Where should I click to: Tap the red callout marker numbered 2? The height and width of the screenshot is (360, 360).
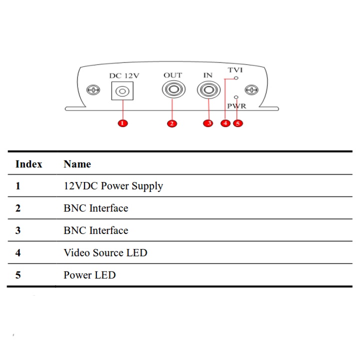coord(172,123)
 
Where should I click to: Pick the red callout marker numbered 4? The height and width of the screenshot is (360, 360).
coord(225,123)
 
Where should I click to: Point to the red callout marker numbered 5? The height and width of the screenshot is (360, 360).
coord(237,123)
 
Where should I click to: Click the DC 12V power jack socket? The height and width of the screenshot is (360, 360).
coord(123,91)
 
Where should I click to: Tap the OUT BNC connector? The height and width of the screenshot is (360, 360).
coord(173,90)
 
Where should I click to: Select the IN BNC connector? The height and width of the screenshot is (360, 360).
coord(208,90)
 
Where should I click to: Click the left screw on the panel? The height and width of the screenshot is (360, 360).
coord(93,90)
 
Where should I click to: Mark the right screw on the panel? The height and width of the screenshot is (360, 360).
coord(253,90)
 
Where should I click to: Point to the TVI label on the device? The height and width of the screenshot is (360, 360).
coord(235,70)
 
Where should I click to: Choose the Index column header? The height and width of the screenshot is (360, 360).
coord(28,164)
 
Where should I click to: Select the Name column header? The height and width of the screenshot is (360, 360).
coord(77,164)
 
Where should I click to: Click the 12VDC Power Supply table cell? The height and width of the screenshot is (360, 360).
coord(113,186)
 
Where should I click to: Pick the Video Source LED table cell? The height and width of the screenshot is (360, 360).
coord(105,252)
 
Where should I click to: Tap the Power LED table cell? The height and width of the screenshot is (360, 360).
coord(89,275)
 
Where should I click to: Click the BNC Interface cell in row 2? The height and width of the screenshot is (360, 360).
coord(95,208)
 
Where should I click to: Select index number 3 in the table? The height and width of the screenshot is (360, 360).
coord(18,230)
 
